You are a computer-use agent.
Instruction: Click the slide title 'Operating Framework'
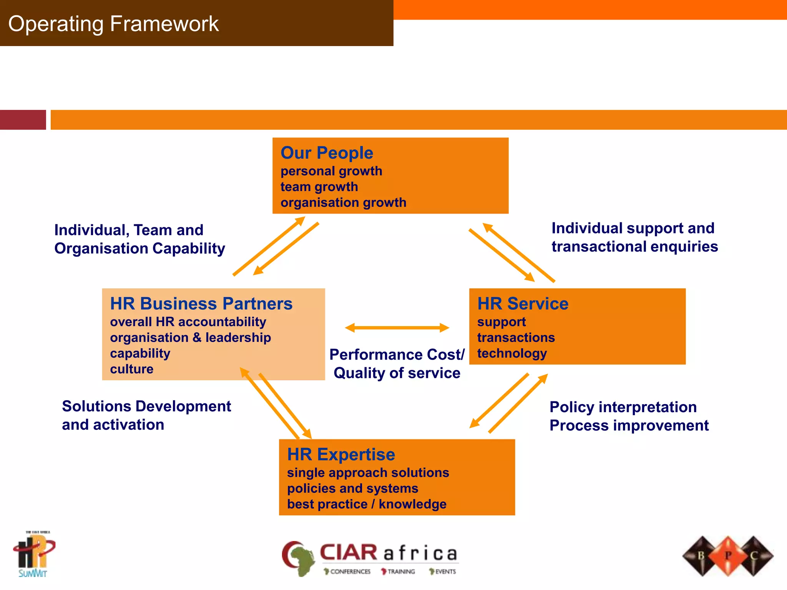[x=113, y=24]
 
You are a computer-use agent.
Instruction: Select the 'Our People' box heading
[x=327, y=153]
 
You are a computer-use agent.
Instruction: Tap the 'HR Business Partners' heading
[x=201, y=304]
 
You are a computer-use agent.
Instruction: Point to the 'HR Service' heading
[x=523, y=304]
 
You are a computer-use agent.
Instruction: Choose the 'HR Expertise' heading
[x=341, y=455]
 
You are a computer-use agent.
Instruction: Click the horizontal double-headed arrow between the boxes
[x=397, y=328]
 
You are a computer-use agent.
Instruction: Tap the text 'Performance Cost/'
[x=397, y=355]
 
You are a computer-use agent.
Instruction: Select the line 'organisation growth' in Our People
[x=343, y=202]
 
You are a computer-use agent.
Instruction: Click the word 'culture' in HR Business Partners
[x=132, y=369]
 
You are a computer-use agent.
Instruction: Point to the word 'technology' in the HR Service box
[x=512, y=353]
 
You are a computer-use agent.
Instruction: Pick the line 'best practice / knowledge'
[x=367, y=504]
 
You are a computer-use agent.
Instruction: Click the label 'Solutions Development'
[x=146, y=406]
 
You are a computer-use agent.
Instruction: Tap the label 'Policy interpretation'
[x=623, y=407]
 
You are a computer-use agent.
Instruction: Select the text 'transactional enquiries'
[x=634, y=247]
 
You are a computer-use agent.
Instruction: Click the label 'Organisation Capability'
[x=139, y=249]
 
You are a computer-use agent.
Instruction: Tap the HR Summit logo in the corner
[x=34, y=554]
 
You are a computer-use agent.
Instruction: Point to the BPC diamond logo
[x=727, y=556]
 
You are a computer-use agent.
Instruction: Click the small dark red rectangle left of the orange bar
[x=23, y=120]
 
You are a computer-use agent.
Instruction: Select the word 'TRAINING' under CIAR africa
[x=401, y=572]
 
